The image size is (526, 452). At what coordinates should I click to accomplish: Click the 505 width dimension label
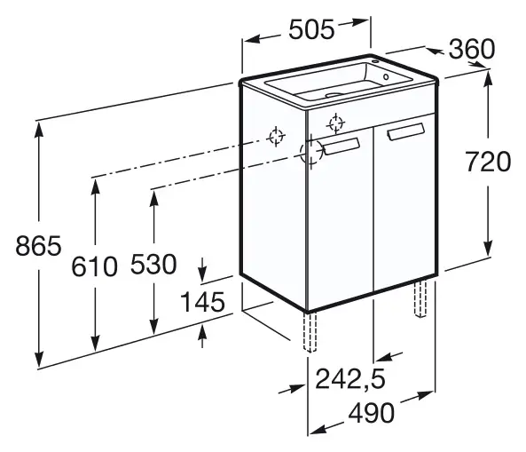(311, 29)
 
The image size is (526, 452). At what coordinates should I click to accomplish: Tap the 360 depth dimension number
(472, 49)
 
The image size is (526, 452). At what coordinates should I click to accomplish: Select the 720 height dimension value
(488, 162)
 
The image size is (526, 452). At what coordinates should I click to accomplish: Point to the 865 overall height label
(38, 245)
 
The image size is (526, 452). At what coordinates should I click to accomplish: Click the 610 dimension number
(94, 266)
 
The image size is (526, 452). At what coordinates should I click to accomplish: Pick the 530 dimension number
(153, 264)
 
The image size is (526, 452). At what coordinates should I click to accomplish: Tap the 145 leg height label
(202, 302)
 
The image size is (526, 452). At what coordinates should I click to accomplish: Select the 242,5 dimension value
(350, 379)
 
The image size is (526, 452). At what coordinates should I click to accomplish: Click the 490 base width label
(372, 413)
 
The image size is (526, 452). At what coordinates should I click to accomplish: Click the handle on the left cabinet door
(342, 147)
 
